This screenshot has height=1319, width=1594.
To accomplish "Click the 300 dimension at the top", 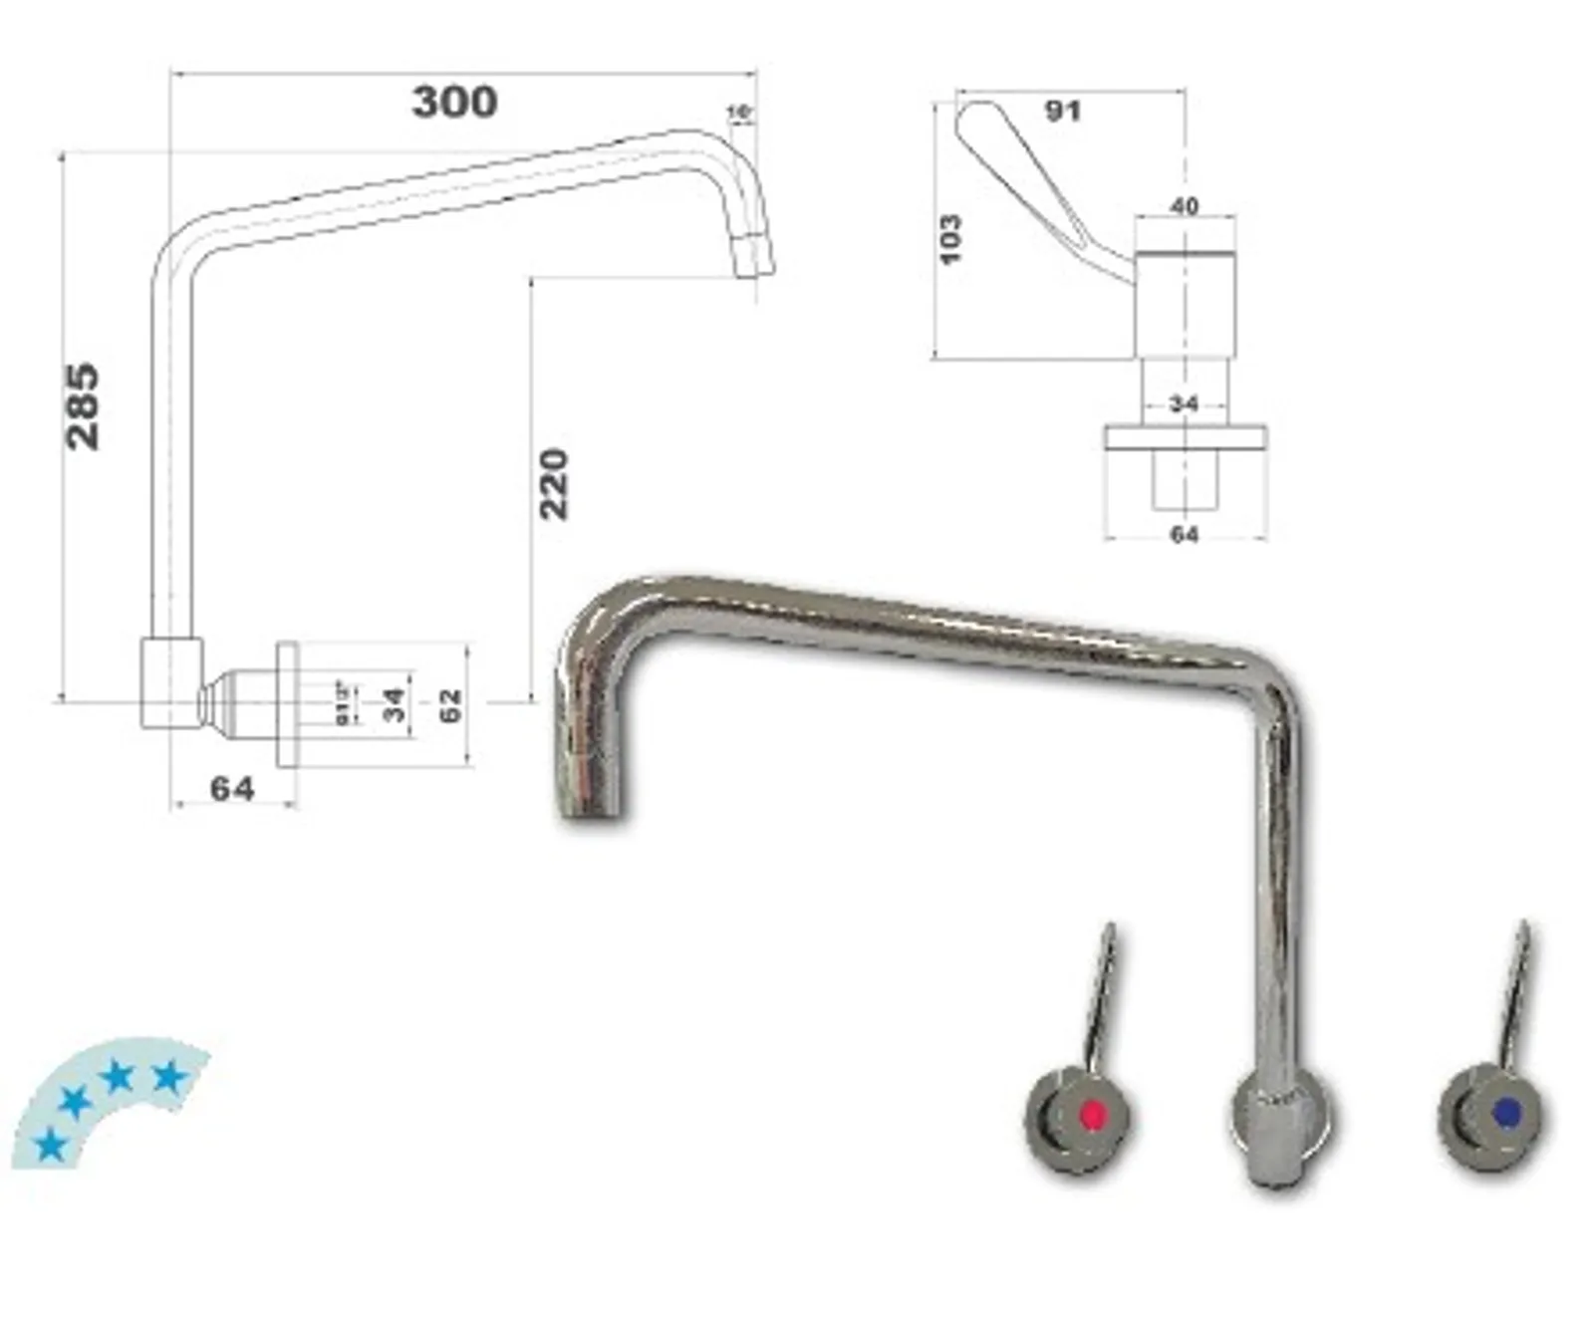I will [x=454, y=102].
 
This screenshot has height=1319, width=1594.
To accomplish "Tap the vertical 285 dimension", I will [x=83, y=405].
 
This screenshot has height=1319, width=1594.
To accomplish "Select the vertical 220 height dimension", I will [x=553, y=484].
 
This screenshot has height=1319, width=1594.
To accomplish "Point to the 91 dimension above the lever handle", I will [x=1062, y=110].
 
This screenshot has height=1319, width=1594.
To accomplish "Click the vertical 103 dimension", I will [x=950, y=239].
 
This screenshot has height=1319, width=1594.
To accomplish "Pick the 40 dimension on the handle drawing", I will [x=1184, y=206].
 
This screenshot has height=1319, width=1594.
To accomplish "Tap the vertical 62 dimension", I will [x=450, y=705].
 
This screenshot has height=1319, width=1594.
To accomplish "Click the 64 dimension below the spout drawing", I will [x=232, y=789].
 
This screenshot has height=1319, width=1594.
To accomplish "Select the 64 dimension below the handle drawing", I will [x=1184, y=535].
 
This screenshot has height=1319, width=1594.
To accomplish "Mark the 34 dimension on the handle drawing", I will [x=1184, y=404].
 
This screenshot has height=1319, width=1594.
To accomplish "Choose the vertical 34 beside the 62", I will [x=396, y=705].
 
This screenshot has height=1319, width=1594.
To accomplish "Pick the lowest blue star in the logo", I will [x=49, y=1146].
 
